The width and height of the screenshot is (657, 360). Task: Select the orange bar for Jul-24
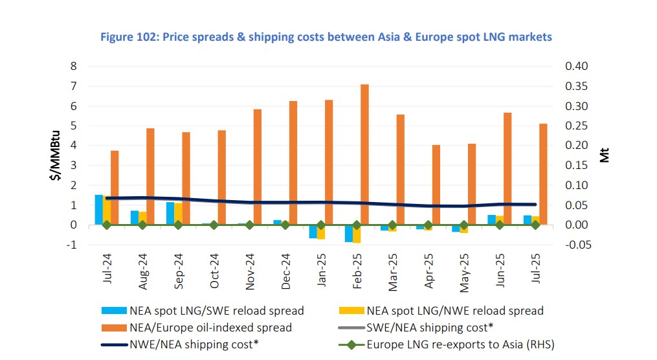115,187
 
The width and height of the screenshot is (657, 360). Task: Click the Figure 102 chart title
326,37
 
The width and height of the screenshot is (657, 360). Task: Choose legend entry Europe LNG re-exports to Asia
460,344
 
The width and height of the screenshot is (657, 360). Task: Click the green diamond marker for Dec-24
285,225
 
